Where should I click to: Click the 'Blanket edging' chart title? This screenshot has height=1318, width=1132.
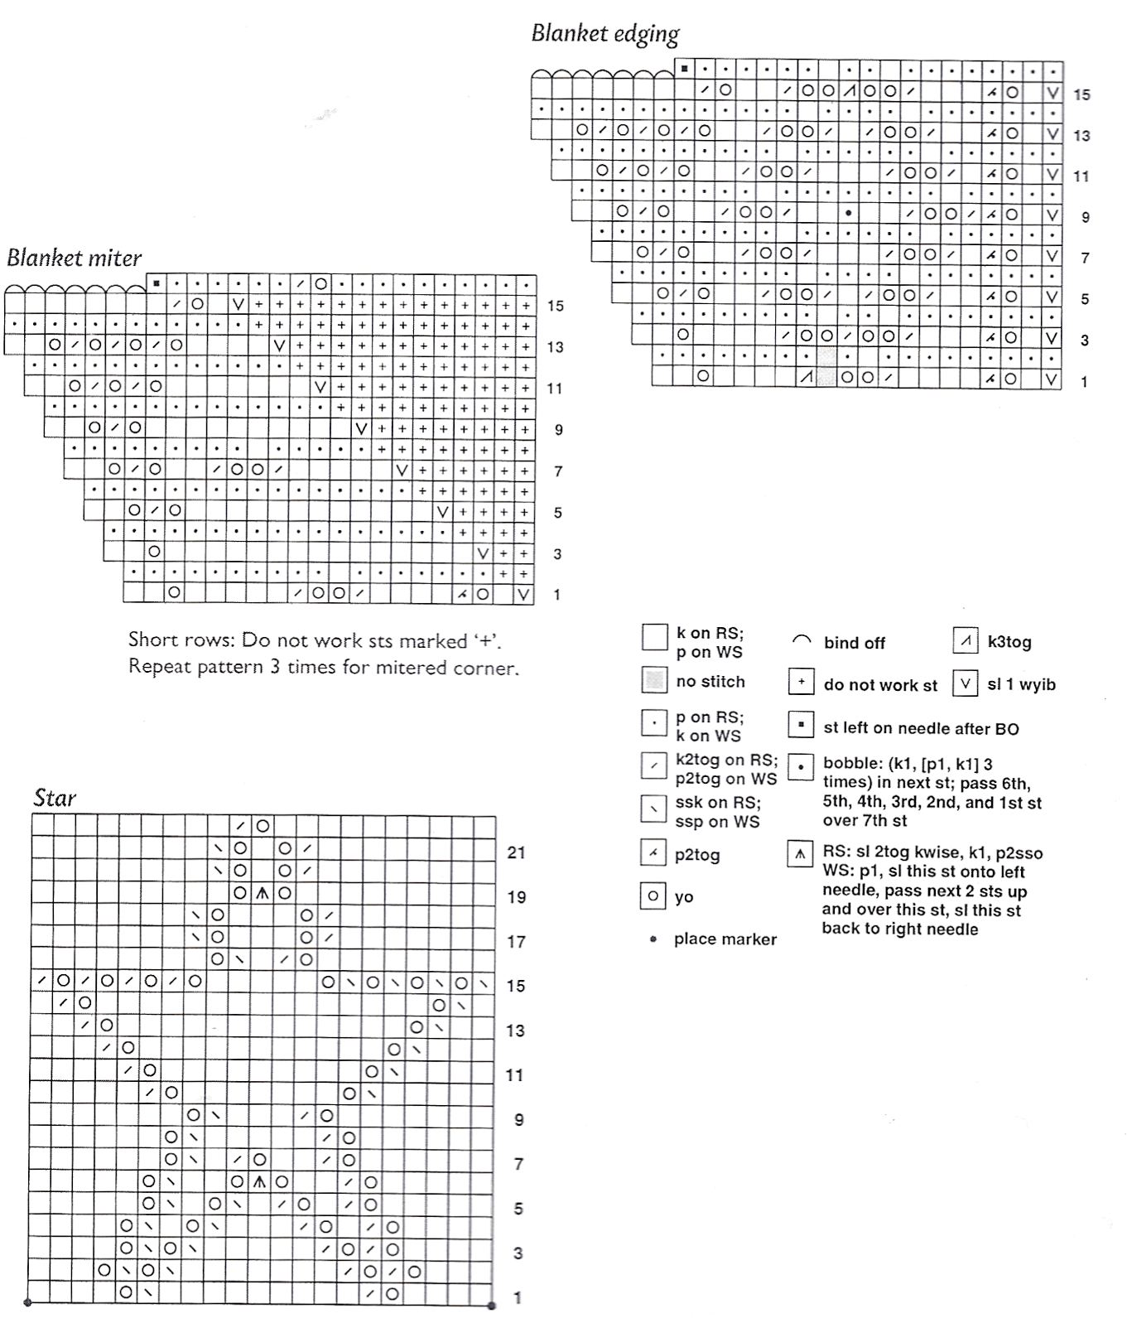tap(605, 33)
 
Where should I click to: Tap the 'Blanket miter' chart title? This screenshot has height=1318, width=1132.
tap(75, 258)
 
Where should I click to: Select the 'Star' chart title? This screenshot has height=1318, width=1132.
tap(55, 798)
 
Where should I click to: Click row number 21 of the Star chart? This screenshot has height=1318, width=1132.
tap(516, 852)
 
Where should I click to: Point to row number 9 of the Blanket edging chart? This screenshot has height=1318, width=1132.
tap(1085, 217)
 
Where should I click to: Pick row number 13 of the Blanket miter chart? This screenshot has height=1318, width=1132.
tap(555, 347)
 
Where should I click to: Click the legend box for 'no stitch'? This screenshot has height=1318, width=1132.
tap(654, 681)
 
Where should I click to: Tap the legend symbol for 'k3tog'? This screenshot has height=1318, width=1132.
tap(966, 642)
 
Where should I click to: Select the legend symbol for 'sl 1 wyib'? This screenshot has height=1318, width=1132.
tap(966, 684)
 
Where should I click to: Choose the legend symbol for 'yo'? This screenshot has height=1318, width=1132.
tap(654, 896)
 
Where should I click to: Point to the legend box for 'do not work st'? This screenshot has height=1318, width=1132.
tap(801, 683)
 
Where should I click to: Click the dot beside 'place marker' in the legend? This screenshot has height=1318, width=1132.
tap(653, 939)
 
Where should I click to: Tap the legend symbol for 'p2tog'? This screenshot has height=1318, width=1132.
tap(654, 853)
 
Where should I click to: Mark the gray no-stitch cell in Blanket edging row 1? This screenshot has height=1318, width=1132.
tap(826, 378)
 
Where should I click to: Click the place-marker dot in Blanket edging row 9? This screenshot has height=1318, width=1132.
tap(848, 213)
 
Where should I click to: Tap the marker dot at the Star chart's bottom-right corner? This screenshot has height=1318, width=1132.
tap(492, 1306)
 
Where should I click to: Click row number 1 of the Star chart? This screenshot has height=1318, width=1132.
tap(518, 1297)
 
